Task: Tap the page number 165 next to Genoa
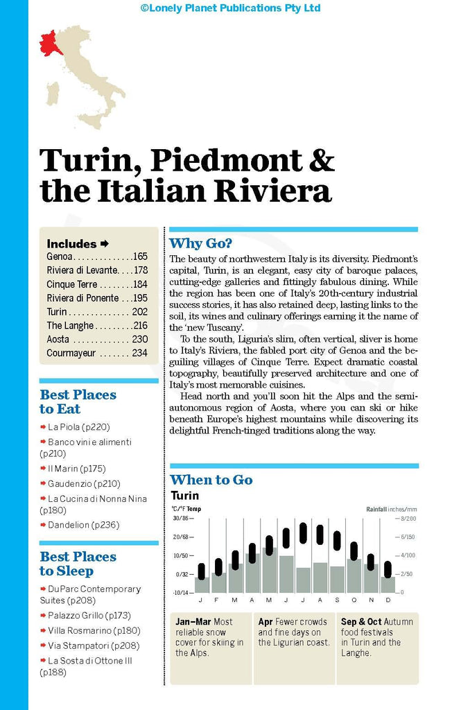coord(139,257)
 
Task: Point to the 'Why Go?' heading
coord(201,243)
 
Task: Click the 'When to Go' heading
coord(211,480)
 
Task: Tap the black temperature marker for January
coord(202,569)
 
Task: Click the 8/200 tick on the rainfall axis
coord(406,518)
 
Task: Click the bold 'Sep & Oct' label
coord(360,622)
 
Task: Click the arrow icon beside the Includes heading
coord(105,243)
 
